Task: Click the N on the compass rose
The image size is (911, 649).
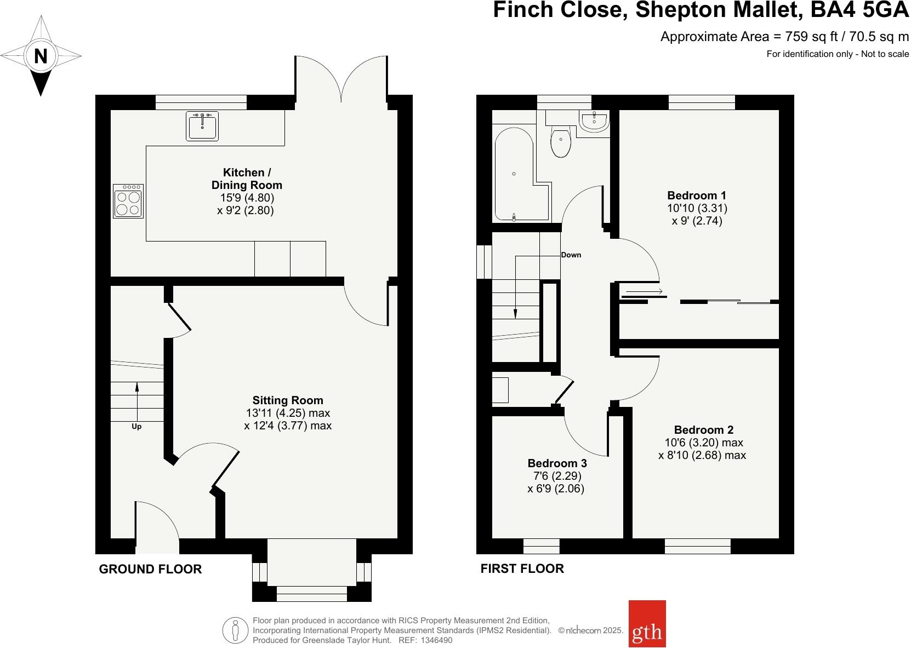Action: point(41,56)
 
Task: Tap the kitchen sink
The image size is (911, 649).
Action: point(202,126)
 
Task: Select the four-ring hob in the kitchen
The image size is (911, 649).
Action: point(128,201)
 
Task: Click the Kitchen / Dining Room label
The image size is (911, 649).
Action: point(247,179)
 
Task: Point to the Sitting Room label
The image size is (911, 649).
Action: point(288,400)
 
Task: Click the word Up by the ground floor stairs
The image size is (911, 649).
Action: point(136,426)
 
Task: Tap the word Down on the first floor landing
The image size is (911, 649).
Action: point(571,255)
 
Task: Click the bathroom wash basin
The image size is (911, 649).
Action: point(594,120)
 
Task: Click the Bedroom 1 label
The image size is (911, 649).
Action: point(697,196)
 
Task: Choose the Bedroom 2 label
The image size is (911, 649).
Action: point(704,429)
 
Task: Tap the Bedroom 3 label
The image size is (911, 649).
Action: point(557,463)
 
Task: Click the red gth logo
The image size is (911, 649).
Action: point(647,623)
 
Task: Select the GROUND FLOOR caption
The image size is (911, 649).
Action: point(151,569)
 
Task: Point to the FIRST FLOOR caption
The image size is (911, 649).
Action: point(522,568)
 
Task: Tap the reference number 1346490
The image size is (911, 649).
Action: point(436,640)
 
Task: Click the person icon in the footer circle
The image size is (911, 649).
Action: point(235,630)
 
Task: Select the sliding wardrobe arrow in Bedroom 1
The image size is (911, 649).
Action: point(645,291)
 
